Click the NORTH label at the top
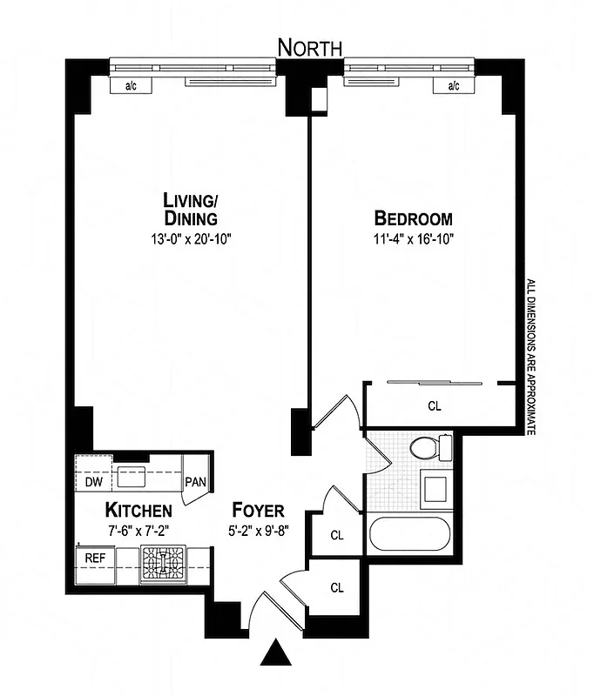coord(310,47)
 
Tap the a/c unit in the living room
coord(132,85)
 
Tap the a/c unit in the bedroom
coord(453,85)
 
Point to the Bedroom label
coord(414,217)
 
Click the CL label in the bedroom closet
coord(434,405)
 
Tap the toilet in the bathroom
coord(429,448)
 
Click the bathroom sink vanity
coord(433,491)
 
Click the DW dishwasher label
coord(93,482)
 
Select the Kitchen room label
coord(138,509)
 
